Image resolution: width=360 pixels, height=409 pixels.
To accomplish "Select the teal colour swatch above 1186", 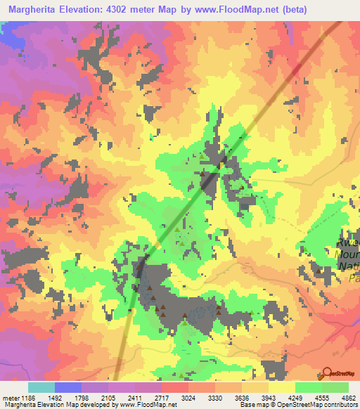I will point(41,387).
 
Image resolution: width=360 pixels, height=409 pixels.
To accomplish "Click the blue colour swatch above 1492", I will point(68,387).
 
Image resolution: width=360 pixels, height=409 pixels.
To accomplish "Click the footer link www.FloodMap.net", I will point(146,405).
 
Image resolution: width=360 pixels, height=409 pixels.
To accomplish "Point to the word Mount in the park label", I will point(347,254).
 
